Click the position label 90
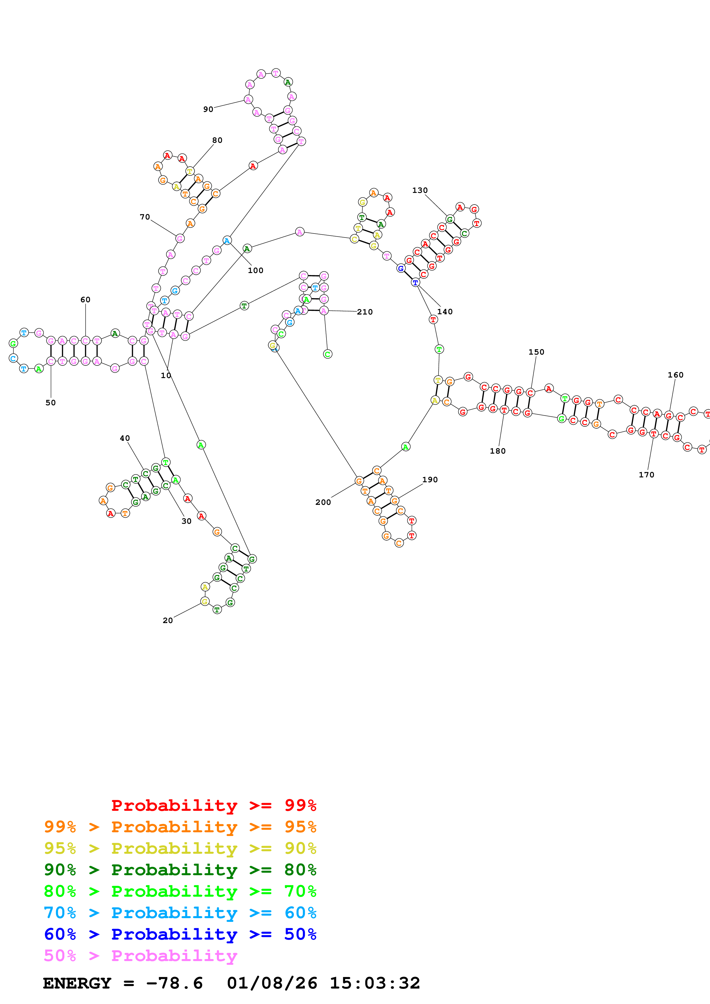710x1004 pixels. (208, 109)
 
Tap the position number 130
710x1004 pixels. (420, 190)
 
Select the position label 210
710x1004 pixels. (365, 312)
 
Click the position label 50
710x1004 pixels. (51, 403)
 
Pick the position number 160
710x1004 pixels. (675, 375)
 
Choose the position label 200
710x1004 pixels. (323, 503)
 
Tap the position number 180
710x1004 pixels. (498, 451)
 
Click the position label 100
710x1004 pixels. (255, 270)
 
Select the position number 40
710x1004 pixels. (125, 438)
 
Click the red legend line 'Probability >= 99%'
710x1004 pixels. (213, 805)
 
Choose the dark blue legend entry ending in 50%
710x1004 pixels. (180, 934)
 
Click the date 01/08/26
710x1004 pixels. (272, 983)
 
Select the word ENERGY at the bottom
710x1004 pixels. (77, 983)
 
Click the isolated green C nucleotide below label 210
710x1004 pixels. (328, 354)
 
